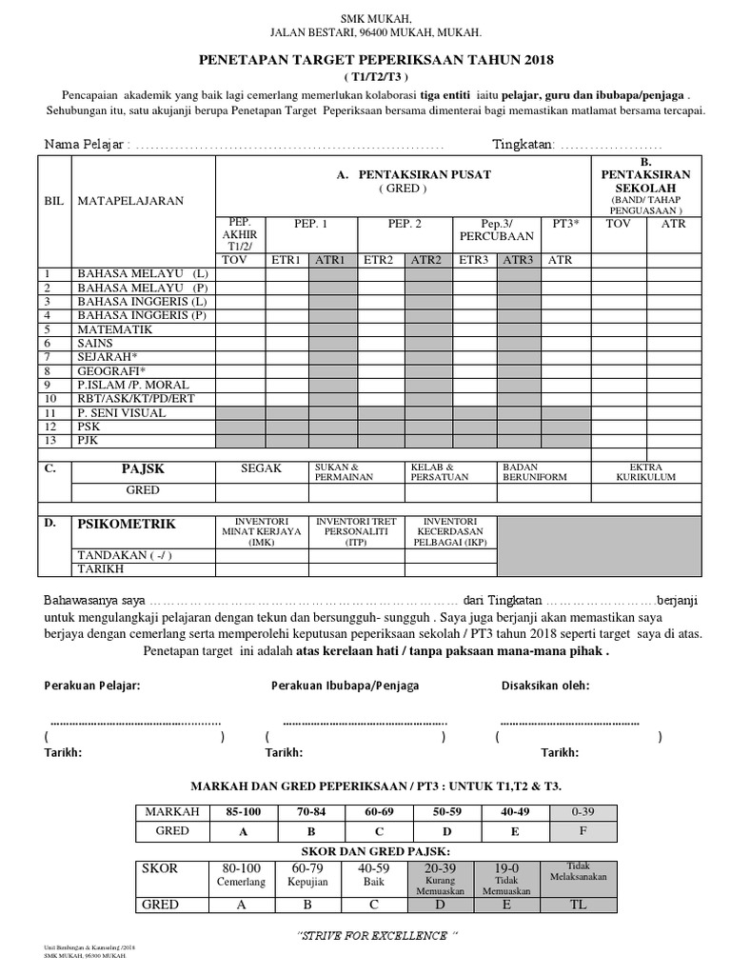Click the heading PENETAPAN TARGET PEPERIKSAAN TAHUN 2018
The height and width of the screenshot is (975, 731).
(374, 59)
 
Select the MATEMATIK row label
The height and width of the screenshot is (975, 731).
(114, 328)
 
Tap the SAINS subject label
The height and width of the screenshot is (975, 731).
(95, 343)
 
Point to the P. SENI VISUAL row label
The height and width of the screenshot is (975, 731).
(122, 412)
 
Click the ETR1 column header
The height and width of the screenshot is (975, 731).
(286, 260)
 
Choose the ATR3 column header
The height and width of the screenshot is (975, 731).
(520, 260)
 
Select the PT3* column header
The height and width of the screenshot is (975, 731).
(567, 223)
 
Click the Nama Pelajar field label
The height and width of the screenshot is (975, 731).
(85, 145)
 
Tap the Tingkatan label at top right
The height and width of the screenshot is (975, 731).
(523, 145)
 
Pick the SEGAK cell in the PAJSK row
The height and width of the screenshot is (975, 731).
(262, 468)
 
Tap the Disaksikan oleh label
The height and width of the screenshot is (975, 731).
(545, 686)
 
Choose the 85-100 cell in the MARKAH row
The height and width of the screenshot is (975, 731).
(246, 811)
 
